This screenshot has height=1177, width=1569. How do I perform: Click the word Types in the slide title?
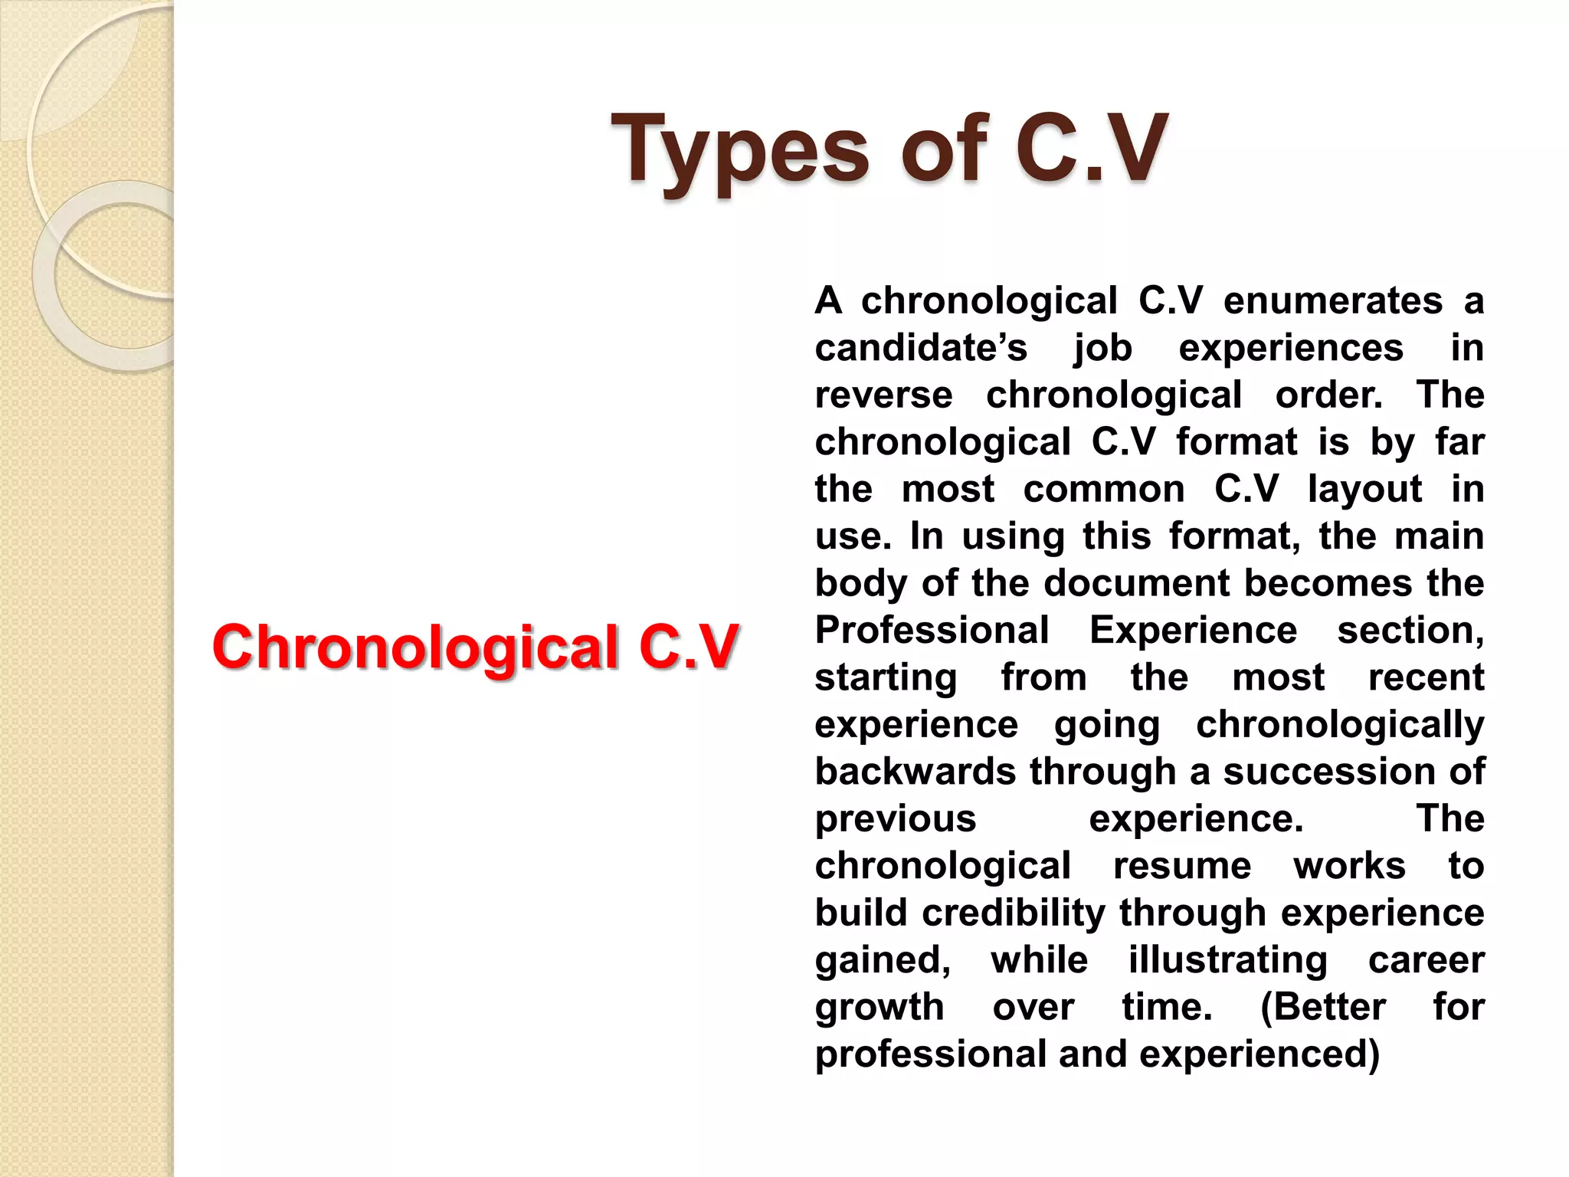(740, 151)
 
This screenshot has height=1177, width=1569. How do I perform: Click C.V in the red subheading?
(688, 647)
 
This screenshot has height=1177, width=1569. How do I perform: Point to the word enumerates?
(1332, 301)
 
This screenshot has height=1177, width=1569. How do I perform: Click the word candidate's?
(920, 349)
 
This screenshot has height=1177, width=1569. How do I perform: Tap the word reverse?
(883, 395)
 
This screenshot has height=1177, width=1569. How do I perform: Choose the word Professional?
(932, 631)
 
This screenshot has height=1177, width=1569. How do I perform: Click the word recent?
(1426, 678)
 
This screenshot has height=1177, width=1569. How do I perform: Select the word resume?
(1182, 867)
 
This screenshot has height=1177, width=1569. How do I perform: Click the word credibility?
(1014, 913)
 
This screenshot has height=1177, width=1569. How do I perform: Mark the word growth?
(879, 1008)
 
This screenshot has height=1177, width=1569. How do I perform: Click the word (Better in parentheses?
(1322, 1008)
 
